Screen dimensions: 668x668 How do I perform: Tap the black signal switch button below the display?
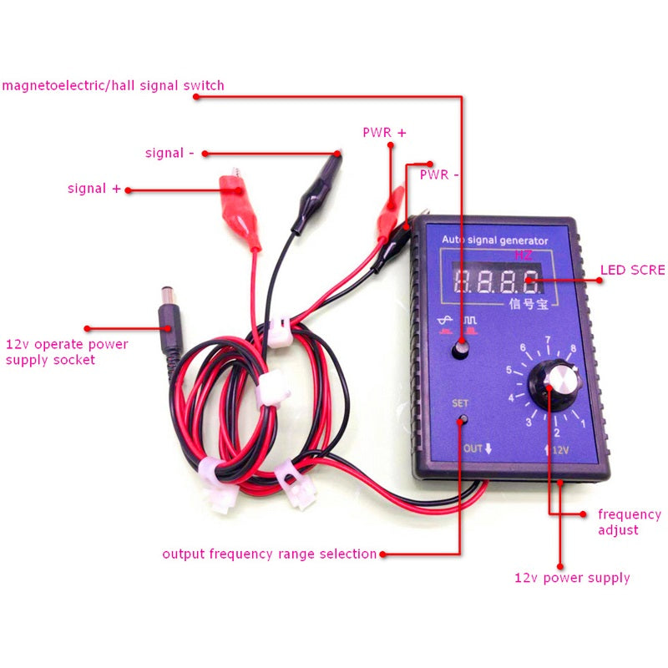459,351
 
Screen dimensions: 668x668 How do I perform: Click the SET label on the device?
460,402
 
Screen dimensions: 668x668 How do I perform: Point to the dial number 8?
574,348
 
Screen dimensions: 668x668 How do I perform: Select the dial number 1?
583,423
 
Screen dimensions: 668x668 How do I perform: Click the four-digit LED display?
495,279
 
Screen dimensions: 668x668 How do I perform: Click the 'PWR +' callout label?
384,132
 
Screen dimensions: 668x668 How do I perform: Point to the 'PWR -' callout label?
439,175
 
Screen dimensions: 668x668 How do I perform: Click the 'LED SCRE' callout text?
633,270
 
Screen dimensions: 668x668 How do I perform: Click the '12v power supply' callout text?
572,578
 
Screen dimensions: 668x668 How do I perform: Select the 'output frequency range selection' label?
269,554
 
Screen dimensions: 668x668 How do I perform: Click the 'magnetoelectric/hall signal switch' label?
113,85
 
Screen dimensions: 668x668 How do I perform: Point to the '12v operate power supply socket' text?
67,352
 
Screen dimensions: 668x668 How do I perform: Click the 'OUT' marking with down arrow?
478,448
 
